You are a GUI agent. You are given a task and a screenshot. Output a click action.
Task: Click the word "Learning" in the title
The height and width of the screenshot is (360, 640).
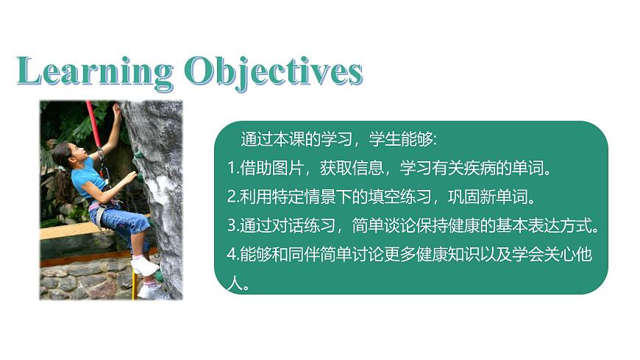click(x=93, y=72)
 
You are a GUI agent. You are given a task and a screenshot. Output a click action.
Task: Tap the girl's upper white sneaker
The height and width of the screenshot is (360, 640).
click(x=145, y=266)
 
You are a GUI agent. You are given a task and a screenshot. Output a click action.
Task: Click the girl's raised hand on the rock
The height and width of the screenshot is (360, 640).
click(x=116, y=110)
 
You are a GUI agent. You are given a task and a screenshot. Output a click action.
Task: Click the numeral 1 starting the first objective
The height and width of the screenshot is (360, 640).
click(x=230, y=169)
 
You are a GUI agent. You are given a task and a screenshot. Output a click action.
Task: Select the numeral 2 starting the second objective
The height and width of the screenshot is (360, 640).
click(x=231, y=197)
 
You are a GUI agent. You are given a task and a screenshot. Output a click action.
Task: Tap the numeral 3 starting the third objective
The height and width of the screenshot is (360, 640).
click(x=231, y=225)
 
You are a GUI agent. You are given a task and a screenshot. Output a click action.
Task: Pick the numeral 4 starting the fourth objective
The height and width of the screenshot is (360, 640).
click(x=231, y=254)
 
